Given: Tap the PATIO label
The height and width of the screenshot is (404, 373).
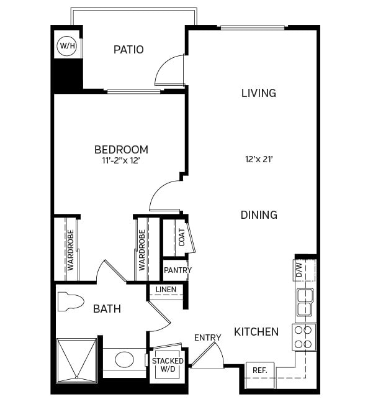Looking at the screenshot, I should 128,50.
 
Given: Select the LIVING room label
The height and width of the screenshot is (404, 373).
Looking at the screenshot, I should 258,93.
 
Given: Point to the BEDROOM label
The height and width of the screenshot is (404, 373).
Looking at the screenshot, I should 121,149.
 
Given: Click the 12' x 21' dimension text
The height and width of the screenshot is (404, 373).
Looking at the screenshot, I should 259,159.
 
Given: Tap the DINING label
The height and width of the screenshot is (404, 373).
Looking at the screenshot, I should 259,215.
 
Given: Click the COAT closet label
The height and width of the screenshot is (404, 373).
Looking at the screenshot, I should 182,237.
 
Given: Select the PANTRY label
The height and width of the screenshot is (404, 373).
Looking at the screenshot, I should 178,270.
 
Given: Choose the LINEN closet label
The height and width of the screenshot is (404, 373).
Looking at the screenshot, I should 166,290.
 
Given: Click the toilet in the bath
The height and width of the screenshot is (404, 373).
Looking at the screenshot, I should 70,302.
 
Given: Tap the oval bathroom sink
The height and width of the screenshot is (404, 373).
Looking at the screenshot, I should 124,360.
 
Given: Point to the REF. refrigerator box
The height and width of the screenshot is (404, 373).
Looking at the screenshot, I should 259,370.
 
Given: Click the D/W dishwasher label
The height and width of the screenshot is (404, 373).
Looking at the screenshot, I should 299,270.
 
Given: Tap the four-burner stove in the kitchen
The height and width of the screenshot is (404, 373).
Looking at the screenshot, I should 303,337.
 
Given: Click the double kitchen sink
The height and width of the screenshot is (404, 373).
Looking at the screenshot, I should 304,303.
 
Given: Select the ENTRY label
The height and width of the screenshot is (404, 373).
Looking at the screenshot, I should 207,337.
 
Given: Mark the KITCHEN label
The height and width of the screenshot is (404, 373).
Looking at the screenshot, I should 256,332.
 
